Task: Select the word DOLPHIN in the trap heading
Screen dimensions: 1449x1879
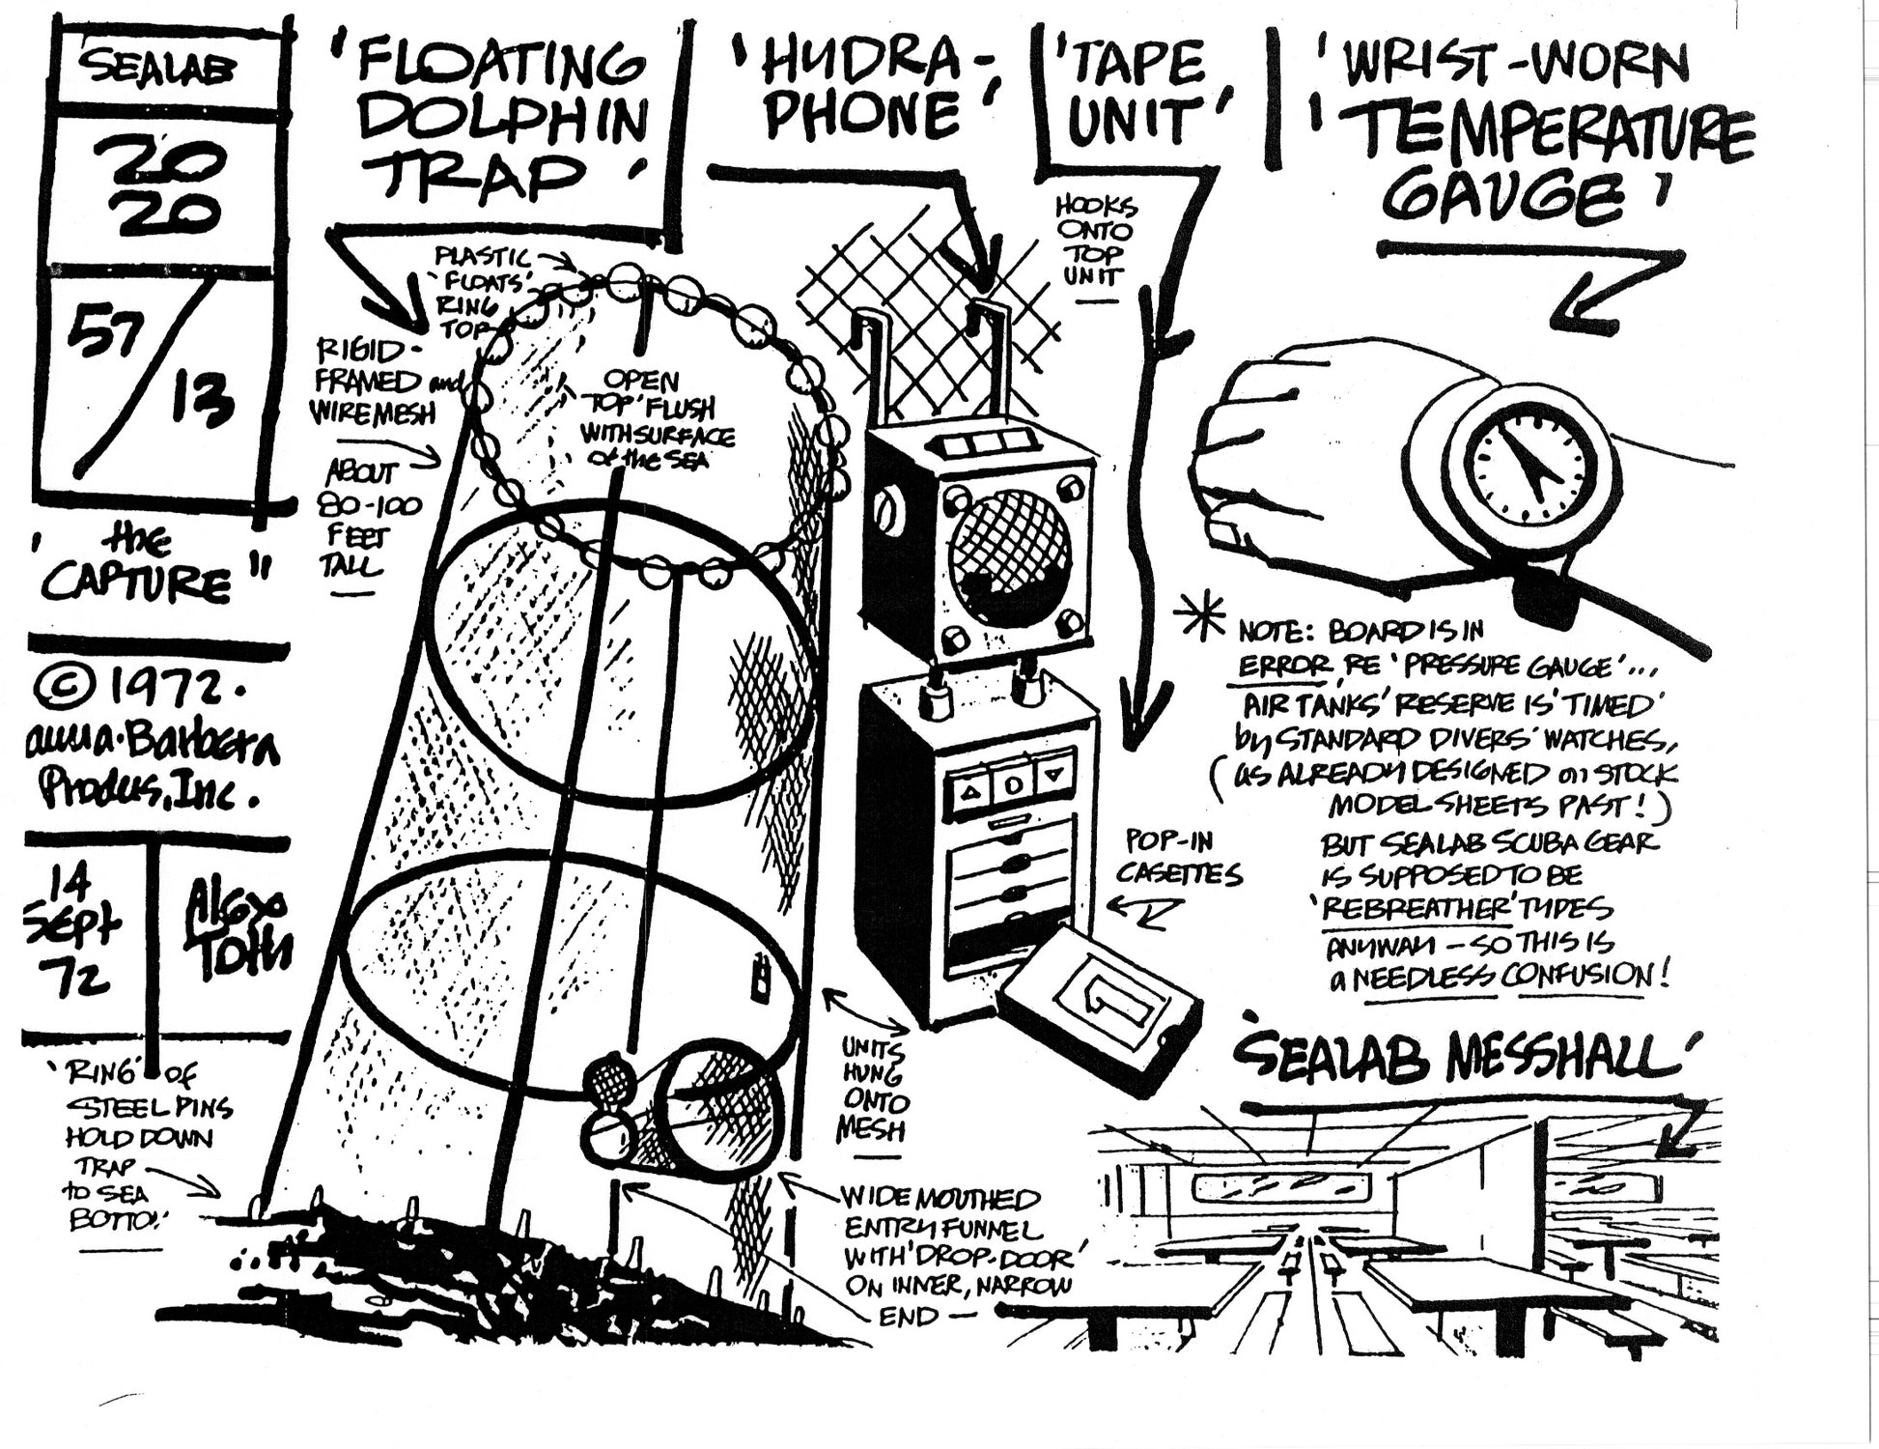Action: (507, 122)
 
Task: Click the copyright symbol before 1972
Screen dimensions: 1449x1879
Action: (64, 687)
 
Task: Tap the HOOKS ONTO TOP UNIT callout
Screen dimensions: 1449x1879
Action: (1097, 241)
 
